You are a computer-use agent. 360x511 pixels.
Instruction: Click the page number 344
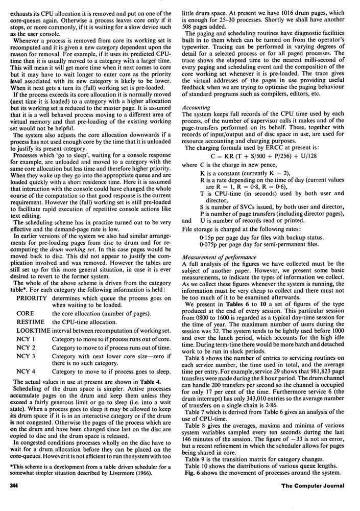pos(12,499)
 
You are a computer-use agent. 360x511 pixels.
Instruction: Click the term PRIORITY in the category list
pos(32,297)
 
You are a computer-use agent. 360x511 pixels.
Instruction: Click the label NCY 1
pos(26,342)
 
